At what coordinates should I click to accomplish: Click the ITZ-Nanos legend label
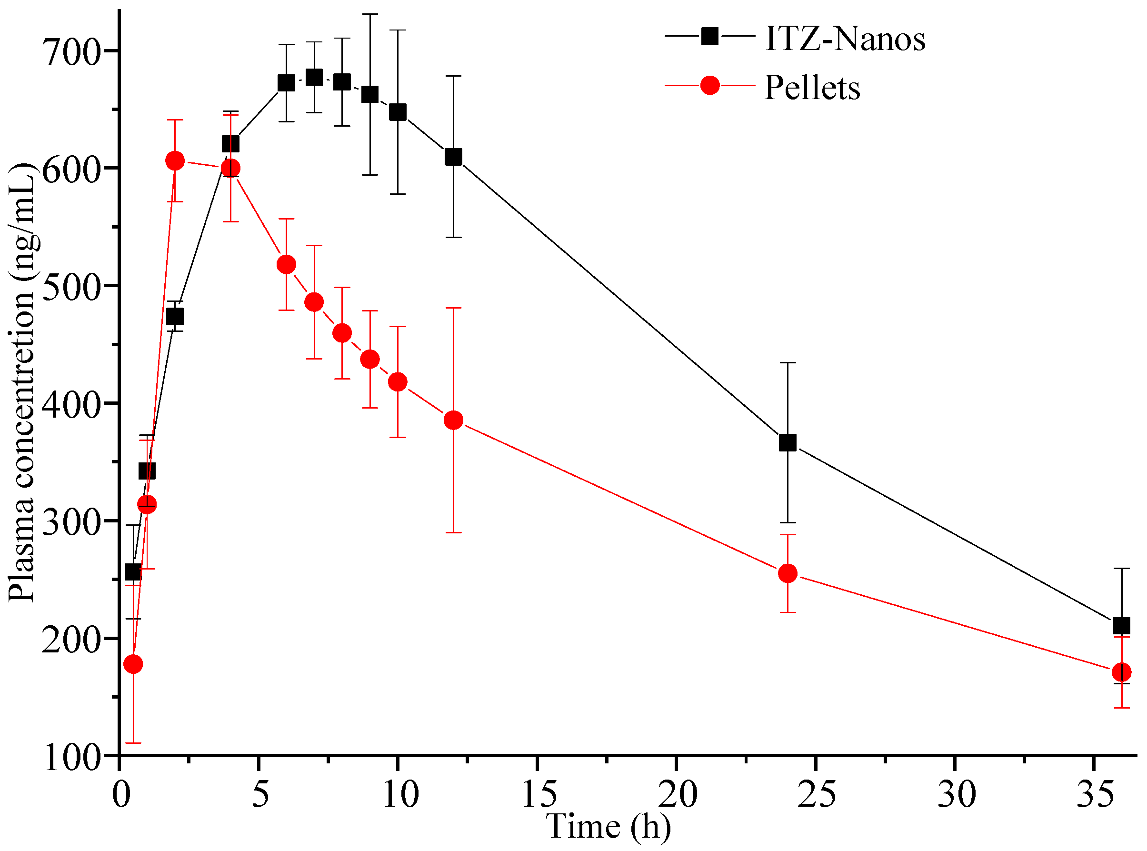845,39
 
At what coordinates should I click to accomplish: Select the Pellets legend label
812,88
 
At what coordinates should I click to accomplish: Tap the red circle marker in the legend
710,86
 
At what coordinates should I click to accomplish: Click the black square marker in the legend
710,36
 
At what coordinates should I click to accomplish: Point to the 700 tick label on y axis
71,52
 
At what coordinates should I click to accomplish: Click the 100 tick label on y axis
71,758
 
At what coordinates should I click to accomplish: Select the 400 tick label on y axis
71,405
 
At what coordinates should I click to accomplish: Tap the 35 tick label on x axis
1096,794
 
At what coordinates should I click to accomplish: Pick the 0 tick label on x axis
120,794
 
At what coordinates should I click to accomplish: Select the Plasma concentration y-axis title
21,381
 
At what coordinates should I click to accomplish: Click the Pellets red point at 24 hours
788,573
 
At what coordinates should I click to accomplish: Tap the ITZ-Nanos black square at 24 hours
788,442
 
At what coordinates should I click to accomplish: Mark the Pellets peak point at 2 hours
175,160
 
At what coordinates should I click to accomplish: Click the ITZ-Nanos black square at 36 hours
1121,626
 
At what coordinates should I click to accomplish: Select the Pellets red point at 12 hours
453,420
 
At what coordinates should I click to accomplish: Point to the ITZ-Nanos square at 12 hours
453,157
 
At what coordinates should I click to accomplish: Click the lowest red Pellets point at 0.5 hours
133,664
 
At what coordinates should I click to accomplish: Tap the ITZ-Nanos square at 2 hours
175,316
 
